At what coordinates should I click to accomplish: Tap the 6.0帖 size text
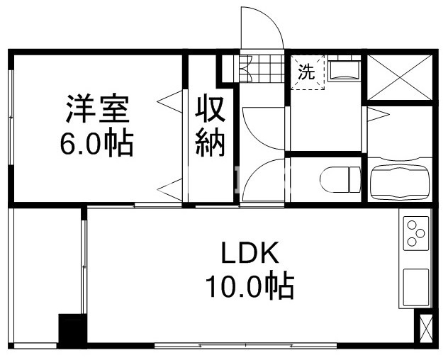click(98, 145)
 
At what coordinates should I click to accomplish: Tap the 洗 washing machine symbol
click(306, 72)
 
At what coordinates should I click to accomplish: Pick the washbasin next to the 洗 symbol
click(345, 69)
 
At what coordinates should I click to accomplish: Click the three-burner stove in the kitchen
click(415, 232)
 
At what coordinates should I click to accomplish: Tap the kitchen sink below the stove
click(415, 286)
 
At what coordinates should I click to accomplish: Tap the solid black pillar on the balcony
click(71, 330)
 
